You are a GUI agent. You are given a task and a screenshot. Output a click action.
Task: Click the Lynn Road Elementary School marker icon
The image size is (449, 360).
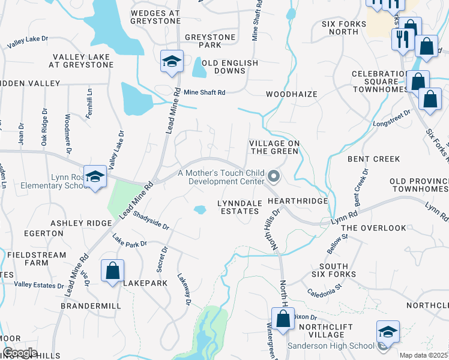[x=95, y=176]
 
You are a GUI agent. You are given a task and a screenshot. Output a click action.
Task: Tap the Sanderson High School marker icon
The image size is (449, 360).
[x=387, y=332]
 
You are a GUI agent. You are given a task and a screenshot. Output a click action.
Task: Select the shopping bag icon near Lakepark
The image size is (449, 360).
[x=112, y=271]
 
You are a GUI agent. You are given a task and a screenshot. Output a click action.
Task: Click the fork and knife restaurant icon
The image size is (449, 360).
[x=400, y=40]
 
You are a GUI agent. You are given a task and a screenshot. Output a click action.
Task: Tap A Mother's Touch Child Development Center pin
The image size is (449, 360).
[x=274, y=176]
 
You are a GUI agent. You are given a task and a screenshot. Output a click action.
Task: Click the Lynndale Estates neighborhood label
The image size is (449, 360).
[x=240, y=207]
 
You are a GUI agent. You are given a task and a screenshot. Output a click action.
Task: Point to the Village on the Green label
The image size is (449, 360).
[x=273, y=147]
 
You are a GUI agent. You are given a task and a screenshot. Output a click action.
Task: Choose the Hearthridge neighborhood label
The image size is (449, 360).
[x=298, y=202]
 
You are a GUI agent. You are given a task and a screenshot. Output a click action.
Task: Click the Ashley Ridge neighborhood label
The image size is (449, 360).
[x=81, y=223]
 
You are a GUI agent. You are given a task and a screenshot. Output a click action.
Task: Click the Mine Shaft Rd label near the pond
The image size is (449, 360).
[x=204, y=92]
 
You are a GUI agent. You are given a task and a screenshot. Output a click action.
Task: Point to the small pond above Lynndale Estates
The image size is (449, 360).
[x=200, y=209]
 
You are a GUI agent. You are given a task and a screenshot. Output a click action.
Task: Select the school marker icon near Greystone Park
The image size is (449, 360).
[x=172, y=61]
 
